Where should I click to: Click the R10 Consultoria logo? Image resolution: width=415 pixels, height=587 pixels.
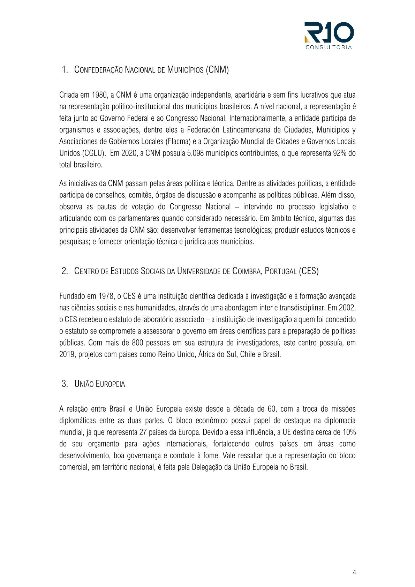point(329,35)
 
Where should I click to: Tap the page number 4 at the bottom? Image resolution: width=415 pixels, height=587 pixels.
point(354,572)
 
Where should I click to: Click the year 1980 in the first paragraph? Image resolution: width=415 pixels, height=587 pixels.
point(99,95)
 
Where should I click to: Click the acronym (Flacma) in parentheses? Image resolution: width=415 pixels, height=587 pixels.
point(178,141)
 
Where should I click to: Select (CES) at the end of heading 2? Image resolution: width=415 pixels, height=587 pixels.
point(308,271)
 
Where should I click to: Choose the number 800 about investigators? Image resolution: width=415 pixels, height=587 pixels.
point(138,343)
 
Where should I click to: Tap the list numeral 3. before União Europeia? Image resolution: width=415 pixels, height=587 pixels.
point(65,384)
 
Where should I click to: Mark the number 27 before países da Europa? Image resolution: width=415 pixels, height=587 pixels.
point(143,432)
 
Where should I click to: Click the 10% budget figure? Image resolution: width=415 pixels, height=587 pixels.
point(349,432)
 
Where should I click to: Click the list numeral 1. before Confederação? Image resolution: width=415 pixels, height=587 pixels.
point(65,69)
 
